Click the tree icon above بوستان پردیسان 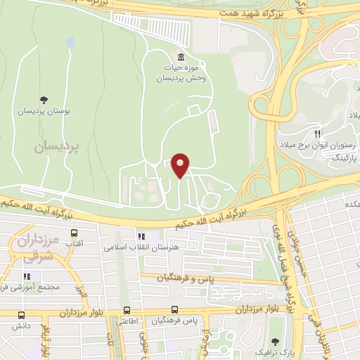(x=44, y=99)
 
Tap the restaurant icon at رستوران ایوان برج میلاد (x=317, y=134)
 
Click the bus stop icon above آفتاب (x=73, y=233)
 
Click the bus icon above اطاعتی (x=127, y=310)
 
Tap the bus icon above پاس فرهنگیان (x=175, y=310)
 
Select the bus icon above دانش (x=20, y=316)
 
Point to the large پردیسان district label (x=53, y=146)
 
